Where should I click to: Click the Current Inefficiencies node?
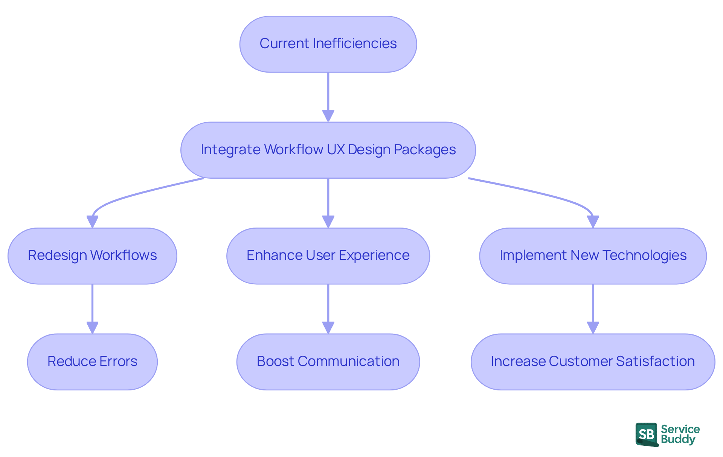coord(328,44)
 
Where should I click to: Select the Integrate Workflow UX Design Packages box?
coord(328,150)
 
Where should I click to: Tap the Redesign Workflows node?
coord(92,256)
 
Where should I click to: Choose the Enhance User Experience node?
coord(328,256)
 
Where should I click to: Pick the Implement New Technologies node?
coord(593,256)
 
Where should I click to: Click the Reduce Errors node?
coord(92,361)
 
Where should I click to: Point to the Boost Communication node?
coord(328,361)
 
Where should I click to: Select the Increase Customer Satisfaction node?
coord(593,361)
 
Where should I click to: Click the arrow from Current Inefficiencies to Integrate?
coord(328,96)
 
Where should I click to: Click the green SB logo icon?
coord(647,434)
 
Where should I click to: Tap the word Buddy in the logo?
coord(678,440)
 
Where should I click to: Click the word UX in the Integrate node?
coord(336,150)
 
